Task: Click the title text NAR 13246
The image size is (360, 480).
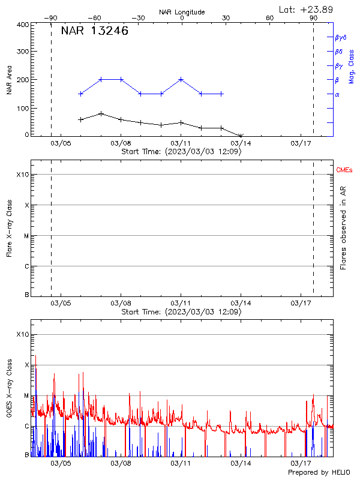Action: point(94,32)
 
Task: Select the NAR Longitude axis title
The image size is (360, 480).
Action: point(182,12)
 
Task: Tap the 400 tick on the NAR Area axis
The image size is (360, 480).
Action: point(23,25)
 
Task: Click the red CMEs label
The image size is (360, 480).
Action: point(345,171)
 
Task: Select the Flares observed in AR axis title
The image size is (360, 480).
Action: point(343,227)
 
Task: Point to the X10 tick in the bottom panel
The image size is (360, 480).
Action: point(22,334)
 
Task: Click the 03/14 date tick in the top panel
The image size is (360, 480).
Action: point(241,143)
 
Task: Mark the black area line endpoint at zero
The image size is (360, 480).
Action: point(241,136)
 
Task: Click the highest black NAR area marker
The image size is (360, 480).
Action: point(101,113)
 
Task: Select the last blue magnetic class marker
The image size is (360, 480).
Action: point(221,94)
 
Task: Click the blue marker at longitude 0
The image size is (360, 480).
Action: point(181,79)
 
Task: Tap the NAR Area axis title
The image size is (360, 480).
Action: point(9,80)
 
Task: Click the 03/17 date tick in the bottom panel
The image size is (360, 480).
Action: point(301,463)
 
